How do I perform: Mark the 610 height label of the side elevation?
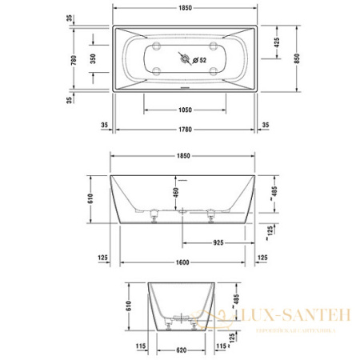(x=91, y=204)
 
